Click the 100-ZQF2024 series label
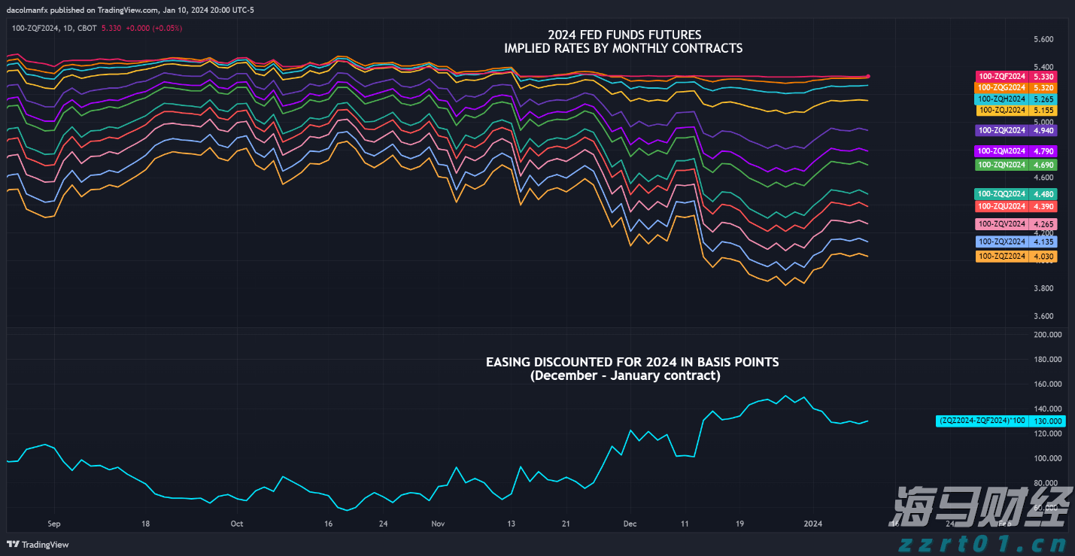[1001, 77]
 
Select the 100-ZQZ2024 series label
[1001, 257]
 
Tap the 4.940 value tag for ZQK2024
[1043, 130]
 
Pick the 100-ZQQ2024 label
[1001, 193]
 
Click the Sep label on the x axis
[53, 523]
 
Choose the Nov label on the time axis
[439, 523]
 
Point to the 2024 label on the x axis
[812, 523]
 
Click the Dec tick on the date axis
[630, 523]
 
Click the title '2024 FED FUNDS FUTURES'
[624, 35]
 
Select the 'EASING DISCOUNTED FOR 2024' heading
[632, 363]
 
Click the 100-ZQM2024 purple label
[1001, 151]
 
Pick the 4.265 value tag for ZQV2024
[1043, 224]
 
